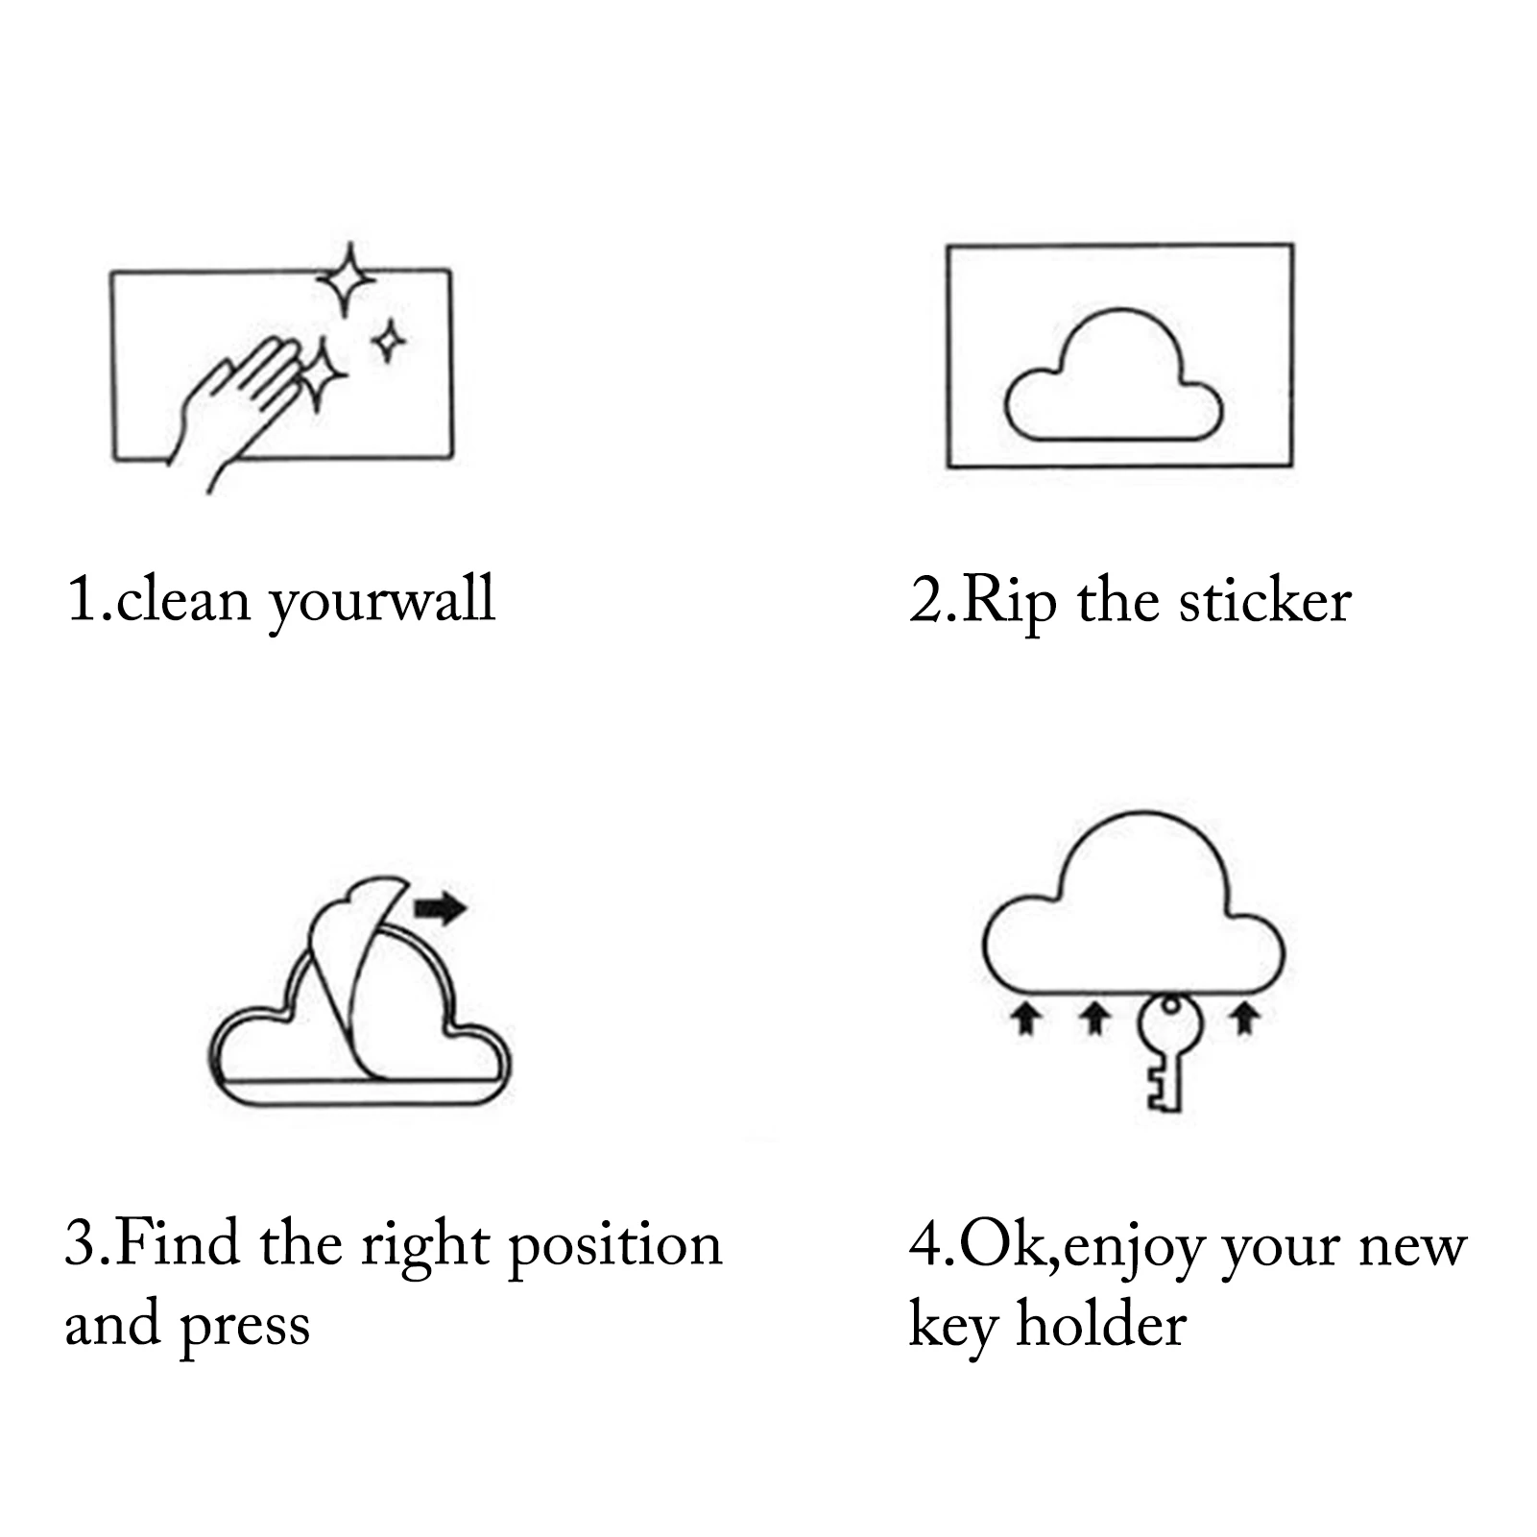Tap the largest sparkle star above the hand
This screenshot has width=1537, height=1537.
(x=348, y=279)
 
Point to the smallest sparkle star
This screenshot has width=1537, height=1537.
(x=389, y=341)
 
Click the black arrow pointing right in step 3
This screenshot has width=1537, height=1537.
(x=441, y=907)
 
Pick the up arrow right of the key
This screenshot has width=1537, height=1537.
(x=1246, y=1019)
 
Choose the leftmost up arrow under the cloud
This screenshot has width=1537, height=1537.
(x=1027, y=1019)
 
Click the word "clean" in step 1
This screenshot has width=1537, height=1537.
(x=183, y=601)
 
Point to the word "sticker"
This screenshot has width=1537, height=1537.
(x=1265, y=602)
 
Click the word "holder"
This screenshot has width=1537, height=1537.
(x=1101, y=1325)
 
